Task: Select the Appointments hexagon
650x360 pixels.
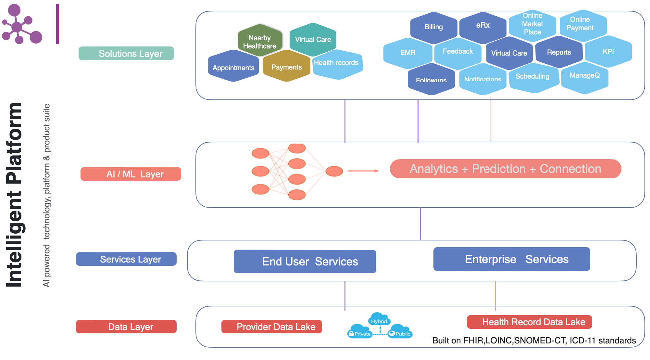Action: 233,67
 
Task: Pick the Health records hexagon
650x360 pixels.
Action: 337,64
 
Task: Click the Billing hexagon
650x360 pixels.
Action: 433,27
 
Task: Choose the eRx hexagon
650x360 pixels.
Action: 483,26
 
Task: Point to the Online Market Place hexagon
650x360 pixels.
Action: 532,24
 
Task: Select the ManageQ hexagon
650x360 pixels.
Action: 584,77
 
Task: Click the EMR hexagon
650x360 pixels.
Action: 408,53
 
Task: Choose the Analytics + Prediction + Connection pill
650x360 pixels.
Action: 505,169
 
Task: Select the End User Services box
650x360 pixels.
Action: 305,262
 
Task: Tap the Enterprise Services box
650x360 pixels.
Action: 512,259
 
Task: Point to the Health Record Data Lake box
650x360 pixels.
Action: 529,322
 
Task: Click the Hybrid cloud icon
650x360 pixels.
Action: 379,319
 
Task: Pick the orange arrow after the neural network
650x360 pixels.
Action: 363,171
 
